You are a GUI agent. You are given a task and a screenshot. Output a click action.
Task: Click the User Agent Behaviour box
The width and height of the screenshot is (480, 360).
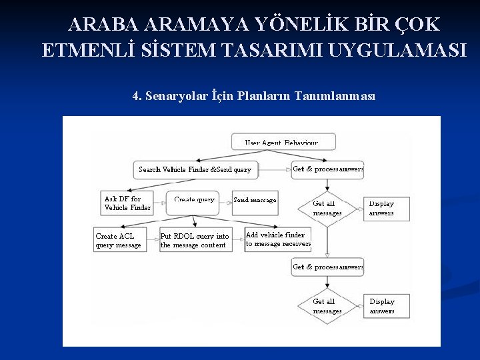tap(283, 141)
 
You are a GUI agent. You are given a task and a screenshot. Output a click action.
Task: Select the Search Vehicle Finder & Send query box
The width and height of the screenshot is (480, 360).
tap(195, 169)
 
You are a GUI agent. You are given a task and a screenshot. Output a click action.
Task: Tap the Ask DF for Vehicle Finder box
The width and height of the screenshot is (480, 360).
tap(127, 203)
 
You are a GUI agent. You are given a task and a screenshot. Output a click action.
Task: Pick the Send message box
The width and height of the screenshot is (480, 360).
tap(255, 200)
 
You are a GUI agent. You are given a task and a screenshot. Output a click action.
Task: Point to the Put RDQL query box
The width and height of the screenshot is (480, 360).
tap(195, 240)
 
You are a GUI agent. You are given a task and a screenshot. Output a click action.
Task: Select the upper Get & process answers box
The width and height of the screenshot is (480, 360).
tap(327, 169)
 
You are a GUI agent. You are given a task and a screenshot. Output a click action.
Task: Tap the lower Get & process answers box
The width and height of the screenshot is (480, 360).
tap(327, 267)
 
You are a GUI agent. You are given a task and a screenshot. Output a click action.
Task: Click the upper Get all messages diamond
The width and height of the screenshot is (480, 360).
tap(327, 209)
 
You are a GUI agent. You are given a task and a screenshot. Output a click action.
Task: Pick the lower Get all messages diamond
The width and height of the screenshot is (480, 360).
tap(327, 306)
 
